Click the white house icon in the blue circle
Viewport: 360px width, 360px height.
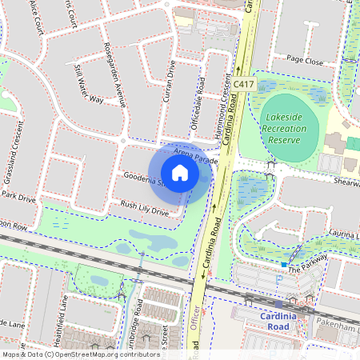tap(180, 173)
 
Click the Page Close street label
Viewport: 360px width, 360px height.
tap(305, 60)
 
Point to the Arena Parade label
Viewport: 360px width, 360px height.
tap(195, 155)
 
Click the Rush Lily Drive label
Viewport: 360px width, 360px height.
tap(144, 210)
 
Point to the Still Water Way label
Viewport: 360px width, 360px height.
tap(88, 84)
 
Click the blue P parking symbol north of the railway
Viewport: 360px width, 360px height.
tap(278, 280)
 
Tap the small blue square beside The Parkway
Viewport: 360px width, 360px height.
tap(284, 264)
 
